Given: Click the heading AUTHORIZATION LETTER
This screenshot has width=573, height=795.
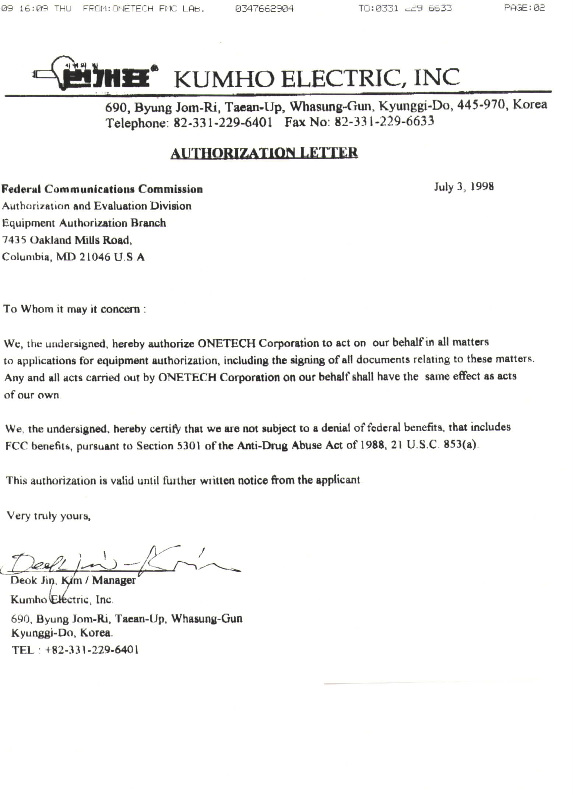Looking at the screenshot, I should coord(264,153).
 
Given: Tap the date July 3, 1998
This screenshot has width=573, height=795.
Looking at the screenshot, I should coord(463,187).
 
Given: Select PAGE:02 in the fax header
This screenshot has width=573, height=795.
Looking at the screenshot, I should coord(524,8).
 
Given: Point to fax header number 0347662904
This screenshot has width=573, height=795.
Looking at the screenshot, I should coord(264,8).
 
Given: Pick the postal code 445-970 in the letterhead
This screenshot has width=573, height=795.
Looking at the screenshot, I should coord(481,105).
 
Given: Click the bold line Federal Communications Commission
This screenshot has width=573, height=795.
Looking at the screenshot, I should coord(102,189).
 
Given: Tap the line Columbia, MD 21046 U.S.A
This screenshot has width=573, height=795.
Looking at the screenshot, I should coord(73,257).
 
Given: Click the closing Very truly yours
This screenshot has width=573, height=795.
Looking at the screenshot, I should coord(49,516).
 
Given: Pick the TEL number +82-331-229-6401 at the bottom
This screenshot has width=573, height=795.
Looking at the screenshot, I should coord(91,650).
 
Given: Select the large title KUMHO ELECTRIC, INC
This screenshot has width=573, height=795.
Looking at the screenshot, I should coord(317,77).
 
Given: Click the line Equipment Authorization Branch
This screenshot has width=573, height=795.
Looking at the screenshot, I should coord(84,223).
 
